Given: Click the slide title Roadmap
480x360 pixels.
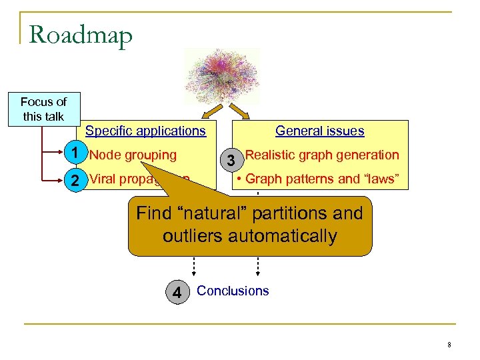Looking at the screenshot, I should coord(81,35).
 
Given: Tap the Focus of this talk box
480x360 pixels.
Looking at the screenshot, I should coord(43,109).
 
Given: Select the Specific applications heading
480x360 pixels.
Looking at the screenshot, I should coord(145,131).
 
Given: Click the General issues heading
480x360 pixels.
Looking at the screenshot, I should coord(319,131).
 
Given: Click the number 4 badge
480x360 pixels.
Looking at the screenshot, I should coord(176,293).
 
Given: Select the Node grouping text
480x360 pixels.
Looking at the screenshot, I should coord(133,155).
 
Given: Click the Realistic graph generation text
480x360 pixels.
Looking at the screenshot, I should coord(322,155).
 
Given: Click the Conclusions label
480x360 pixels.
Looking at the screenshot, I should coord(233,291).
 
